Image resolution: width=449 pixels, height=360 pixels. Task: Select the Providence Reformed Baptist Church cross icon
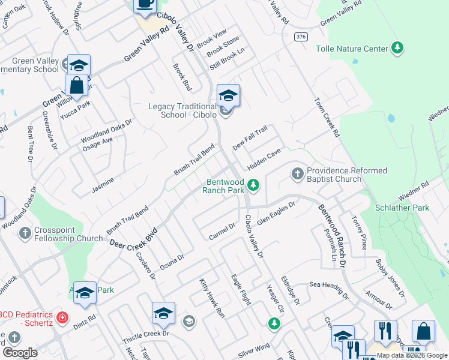click(297, 174)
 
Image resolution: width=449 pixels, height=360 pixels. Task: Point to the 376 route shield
click(301, 37)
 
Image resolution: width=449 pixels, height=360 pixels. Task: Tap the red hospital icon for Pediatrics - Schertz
click(61, 317)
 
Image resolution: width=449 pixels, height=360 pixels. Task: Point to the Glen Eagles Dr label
click(276, 214)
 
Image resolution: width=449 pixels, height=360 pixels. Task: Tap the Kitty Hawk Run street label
click(212, 298)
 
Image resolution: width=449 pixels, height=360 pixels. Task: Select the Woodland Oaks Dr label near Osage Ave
click(106, 130)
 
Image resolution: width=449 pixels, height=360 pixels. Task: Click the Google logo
click(20, 352)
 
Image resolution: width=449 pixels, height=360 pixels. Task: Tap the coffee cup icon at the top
click(144, 4)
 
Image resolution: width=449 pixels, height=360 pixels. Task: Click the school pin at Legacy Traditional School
click(228, 95)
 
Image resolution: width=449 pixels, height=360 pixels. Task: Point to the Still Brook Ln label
click(228, 55)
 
